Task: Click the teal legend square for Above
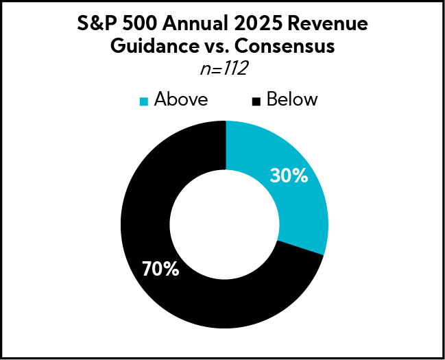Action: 144,101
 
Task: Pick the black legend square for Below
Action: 256,101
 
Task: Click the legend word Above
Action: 181,99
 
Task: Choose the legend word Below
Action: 292,99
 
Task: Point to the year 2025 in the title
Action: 258,25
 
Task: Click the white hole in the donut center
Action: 224,226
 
